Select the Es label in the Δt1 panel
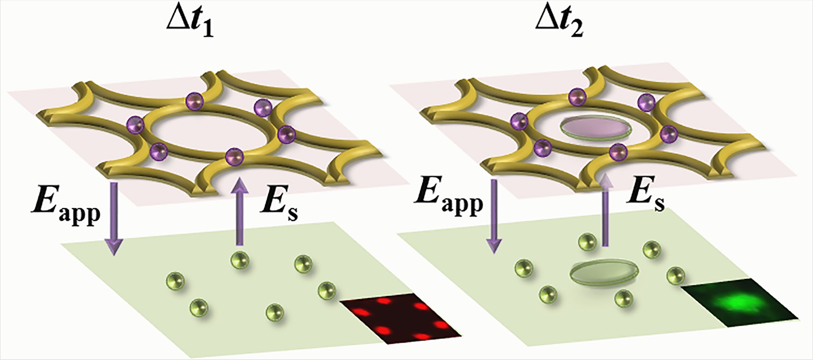pos(278,203)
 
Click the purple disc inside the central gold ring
pos(595,128)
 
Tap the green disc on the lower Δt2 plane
pos(603,271)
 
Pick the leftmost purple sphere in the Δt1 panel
pos(135,124)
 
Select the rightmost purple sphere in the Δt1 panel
pos(286,133)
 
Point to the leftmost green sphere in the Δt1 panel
pos(175,281)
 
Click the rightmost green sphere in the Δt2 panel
pos(676,276)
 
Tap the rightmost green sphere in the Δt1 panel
pos(326,288)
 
